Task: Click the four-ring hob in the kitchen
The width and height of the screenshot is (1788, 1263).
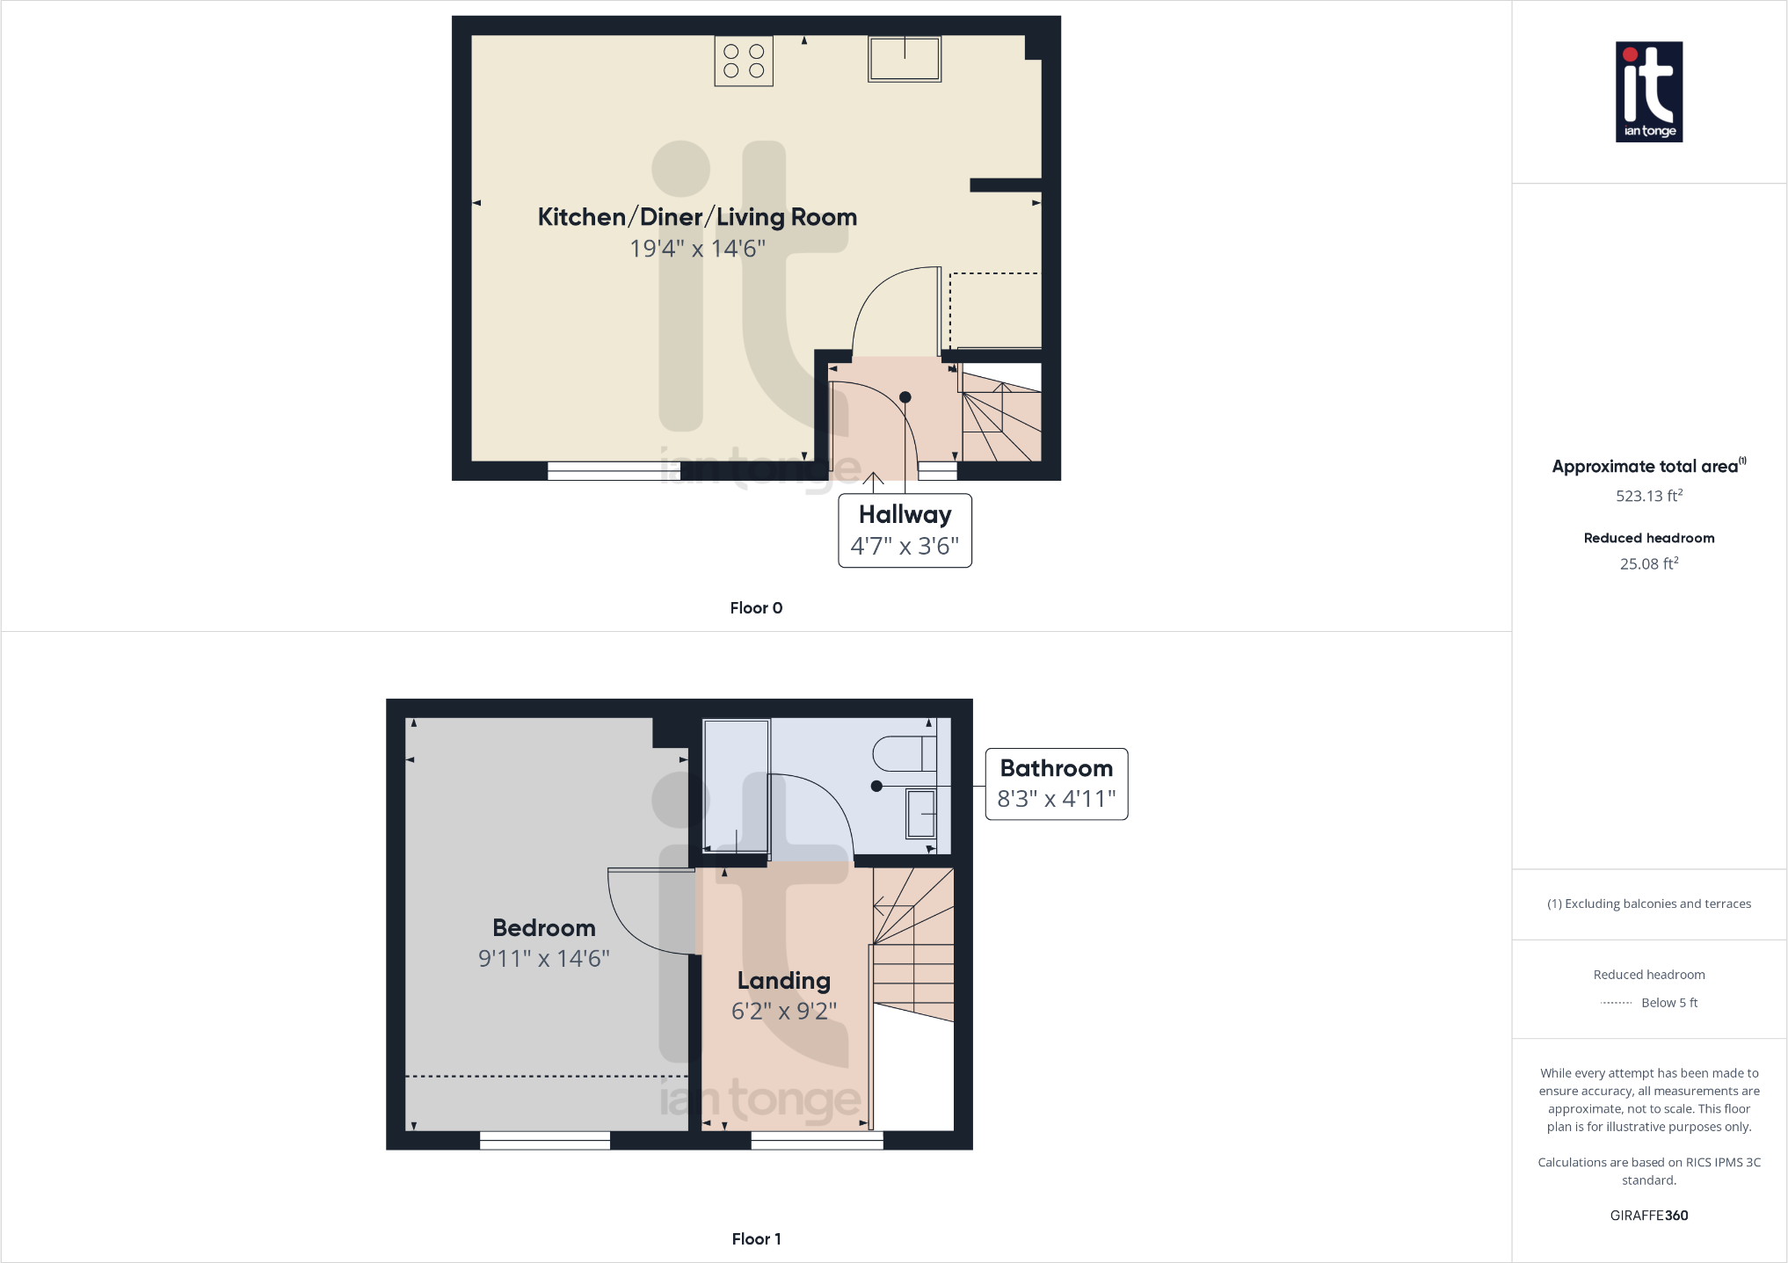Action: tap(744, 61)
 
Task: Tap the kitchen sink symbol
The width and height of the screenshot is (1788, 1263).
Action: tap(905, 59)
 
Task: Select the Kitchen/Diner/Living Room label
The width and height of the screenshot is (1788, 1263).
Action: tap(697, 217)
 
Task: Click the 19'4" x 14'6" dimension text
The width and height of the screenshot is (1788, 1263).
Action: tap(697, 249)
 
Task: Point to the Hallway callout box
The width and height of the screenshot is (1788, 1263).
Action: tap(905, 530)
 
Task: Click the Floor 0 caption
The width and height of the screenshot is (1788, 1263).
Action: tap(756, 608)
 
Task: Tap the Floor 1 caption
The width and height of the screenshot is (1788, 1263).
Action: tap(756, 1239)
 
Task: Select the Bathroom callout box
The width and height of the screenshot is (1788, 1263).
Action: tap(1056, 784)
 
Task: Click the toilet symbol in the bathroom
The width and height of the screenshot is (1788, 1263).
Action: tap(904, 753)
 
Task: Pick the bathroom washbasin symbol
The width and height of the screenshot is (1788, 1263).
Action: tap(921, 813)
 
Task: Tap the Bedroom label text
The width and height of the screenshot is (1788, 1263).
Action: tap(543, 928)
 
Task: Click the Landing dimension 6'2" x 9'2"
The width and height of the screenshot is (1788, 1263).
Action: tap(784, 1012)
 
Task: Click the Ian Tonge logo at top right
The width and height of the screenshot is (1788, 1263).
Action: tap(1649, 92)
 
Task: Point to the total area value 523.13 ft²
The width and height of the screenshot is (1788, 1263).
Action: tap(1649, 496)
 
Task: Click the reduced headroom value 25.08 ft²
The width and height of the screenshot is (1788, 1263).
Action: tap(1649, 564)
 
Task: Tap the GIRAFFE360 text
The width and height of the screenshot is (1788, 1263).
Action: tap(1649, 1216)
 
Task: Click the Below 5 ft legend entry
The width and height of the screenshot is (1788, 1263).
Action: tap(1668, 1003)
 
